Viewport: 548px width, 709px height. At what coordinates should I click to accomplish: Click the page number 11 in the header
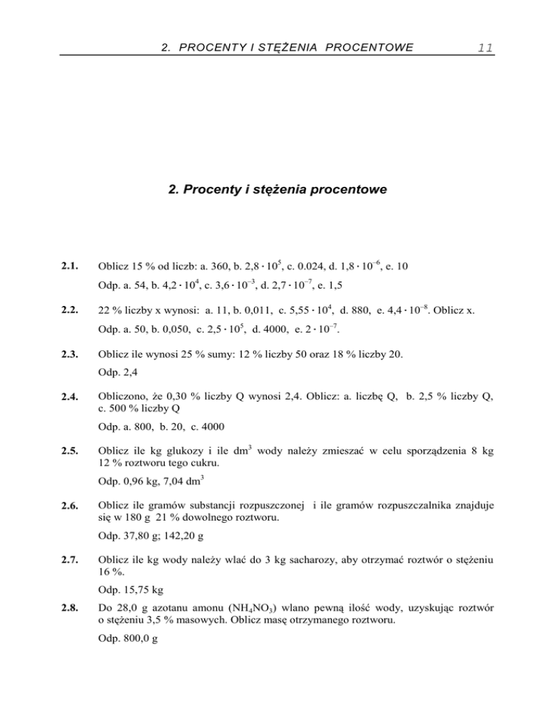click(x=486, y=49)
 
